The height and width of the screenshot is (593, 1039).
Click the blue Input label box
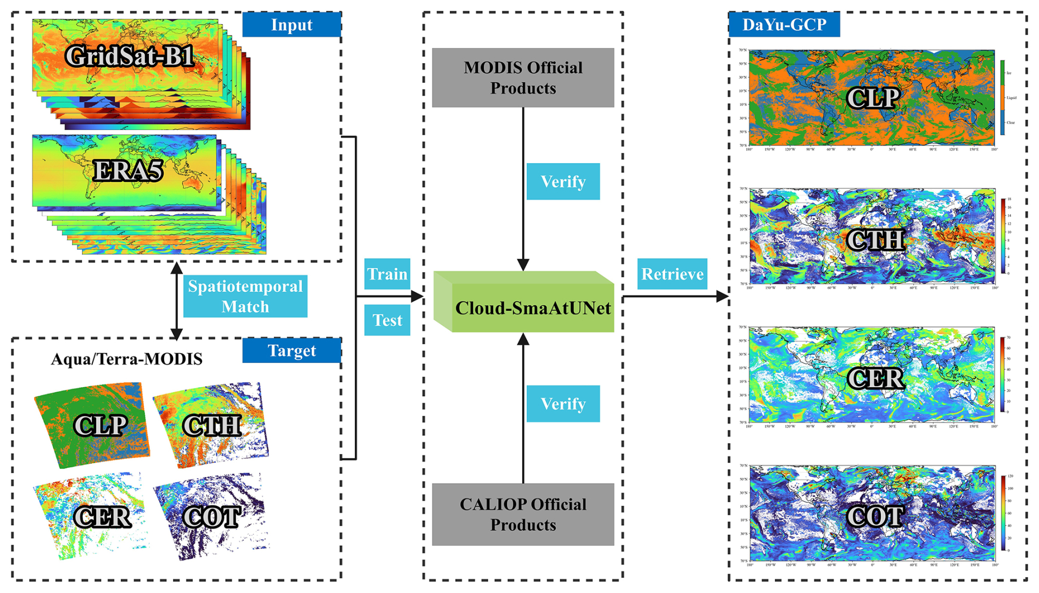(292, 25)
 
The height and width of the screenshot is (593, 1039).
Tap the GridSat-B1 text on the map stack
(130, 55)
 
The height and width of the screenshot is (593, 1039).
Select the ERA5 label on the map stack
(127, 170)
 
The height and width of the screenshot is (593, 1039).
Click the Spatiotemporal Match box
(245, 296)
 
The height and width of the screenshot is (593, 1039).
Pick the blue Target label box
(292, 350)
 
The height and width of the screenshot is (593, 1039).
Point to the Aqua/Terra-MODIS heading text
(127, 359)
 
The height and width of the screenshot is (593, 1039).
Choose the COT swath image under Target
(212, 516)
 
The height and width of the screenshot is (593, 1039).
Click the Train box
(387, 273)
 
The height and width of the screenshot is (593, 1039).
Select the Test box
(387, 320)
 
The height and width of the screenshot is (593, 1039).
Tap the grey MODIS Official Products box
(523, 77)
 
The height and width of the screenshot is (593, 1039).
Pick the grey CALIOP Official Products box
(523, 514)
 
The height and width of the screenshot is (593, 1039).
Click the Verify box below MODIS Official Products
(563, 181)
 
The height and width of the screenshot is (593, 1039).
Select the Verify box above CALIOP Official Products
(563, 404)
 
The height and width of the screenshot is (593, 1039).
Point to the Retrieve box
(672, 273)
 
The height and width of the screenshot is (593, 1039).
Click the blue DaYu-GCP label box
(784, 25)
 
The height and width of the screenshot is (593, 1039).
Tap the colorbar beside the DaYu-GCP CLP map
(1003, 98)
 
